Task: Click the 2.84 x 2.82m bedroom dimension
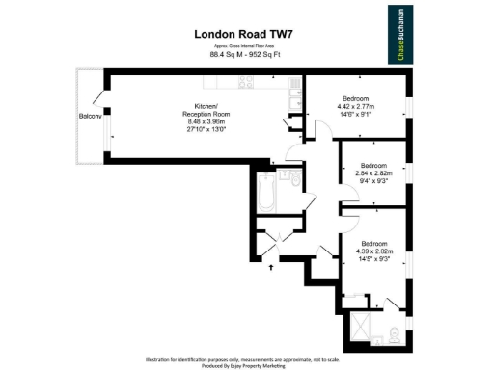tap(371, 172)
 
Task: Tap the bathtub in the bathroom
tap(264, 194)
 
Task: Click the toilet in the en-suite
tap(398, 335)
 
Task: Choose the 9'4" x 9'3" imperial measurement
tap(371, 180)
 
